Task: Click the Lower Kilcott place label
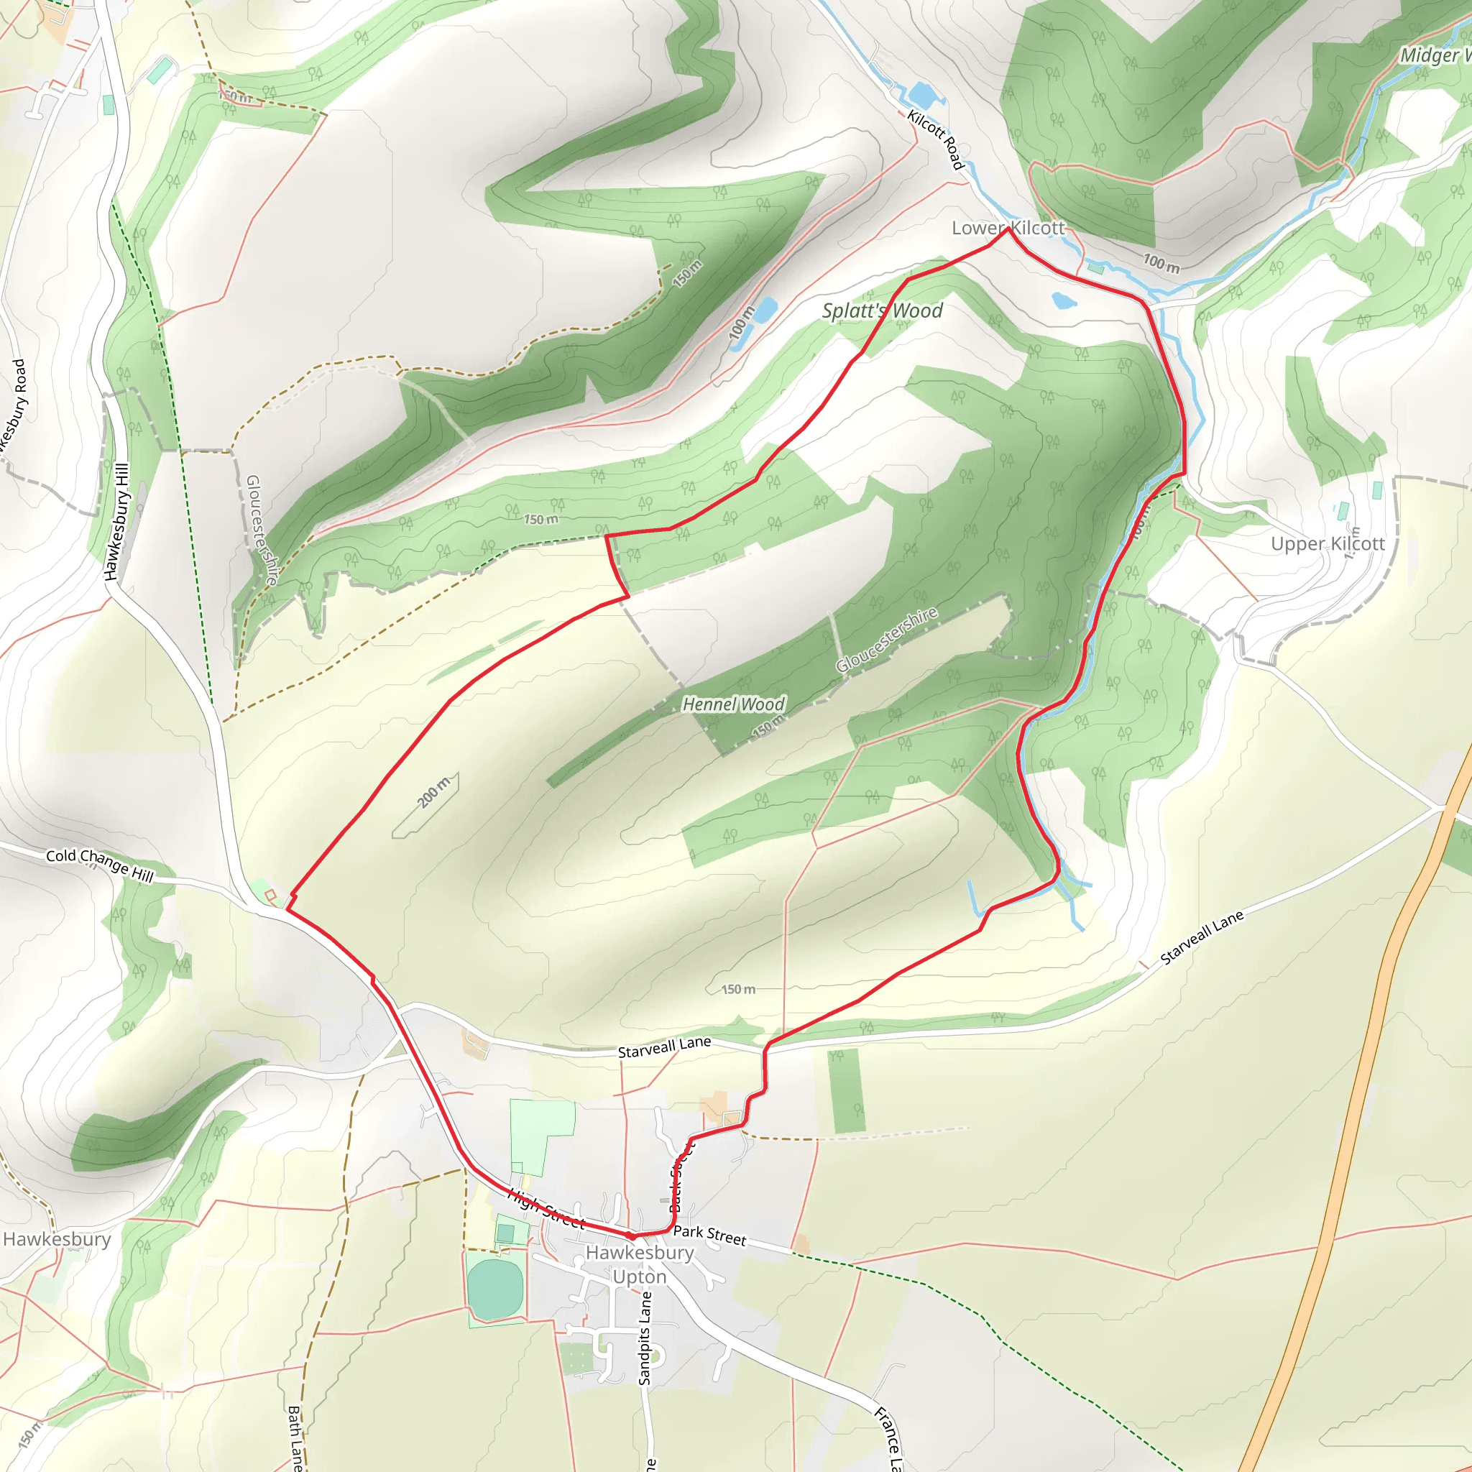[1007, 228]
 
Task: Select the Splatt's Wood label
[883, 310]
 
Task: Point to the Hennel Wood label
[733, 704]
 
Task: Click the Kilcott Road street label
[937, 139]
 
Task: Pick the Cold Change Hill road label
[100, 865]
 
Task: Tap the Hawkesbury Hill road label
[117, 521]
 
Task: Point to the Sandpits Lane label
[645, 1338]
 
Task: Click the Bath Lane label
[295, 1437]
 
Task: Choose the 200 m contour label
[434, 792]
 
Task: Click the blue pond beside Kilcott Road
[924, 97]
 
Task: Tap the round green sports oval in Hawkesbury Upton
[496, 1289]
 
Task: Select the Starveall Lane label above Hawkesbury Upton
[664, 1046]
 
